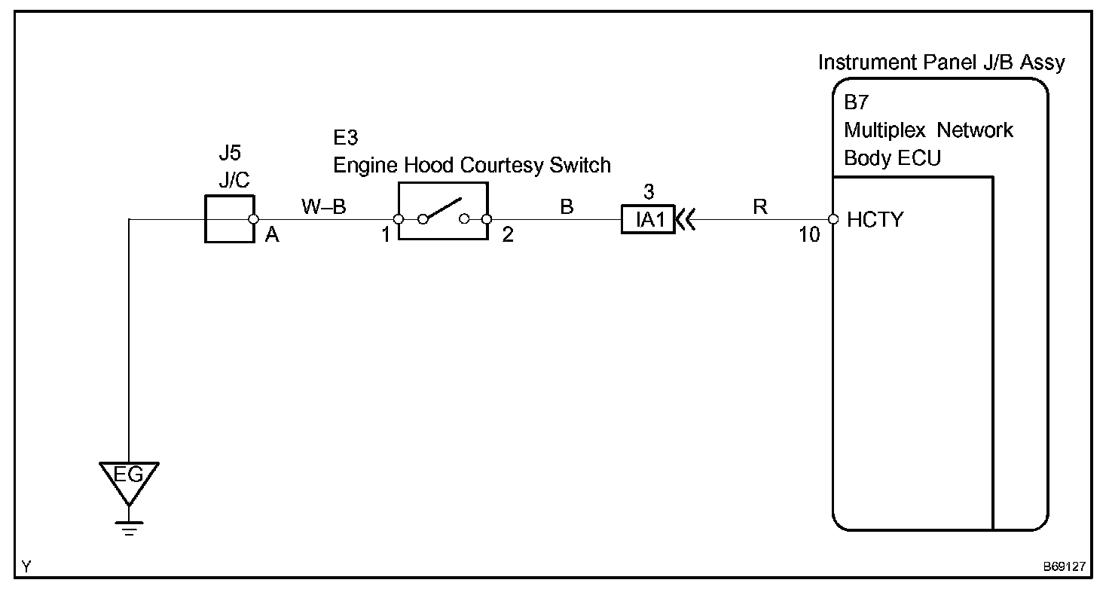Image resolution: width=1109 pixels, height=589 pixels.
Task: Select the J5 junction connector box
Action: pos(229,219)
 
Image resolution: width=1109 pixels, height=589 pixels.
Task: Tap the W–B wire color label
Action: pos(324,206)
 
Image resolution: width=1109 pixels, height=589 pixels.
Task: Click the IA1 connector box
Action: pos(648,220)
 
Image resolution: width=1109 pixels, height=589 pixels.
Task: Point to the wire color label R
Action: pos(760,206)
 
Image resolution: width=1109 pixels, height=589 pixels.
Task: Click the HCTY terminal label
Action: pos(875,220)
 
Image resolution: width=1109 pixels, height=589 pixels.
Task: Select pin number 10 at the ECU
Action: pos(809,235)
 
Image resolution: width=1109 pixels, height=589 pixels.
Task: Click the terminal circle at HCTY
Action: pos(833,220)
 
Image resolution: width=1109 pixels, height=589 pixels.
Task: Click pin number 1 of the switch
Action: pos(386,235)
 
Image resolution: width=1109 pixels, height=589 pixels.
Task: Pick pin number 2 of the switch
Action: pos(508,235)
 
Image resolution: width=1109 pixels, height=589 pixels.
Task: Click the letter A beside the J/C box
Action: pos(272,236)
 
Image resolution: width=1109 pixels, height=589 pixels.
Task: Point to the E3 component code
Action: pos(346,139)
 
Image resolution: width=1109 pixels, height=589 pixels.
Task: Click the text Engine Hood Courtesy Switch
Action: pos(472,164)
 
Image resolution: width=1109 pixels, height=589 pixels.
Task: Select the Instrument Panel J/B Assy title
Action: pos(942,63)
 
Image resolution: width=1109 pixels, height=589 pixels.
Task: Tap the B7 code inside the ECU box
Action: pos(857,103)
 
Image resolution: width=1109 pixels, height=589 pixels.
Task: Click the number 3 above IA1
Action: pos(649,192)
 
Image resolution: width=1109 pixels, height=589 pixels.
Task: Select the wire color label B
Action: pos(567,206)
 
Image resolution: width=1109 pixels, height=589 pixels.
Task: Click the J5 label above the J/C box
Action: pos(230,153)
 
